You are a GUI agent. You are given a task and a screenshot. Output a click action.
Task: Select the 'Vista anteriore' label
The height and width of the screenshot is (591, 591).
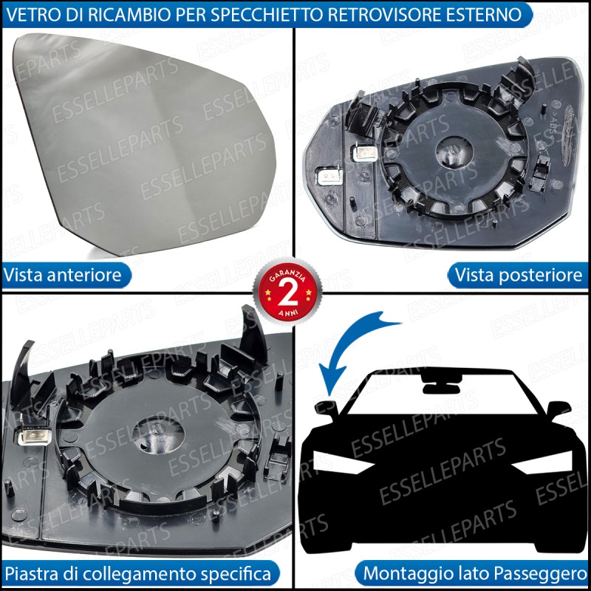pos(63,275)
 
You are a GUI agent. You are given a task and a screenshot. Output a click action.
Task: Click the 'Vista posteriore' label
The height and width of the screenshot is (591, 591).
pos(519,275)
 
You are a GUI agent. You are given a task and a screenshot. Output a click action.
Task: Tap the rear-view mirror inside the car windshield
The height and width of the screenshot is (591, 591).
pos(441,385)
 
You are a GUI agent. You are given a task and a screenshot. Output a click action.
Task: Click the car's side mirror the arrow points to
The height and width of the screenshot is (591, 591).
pos(326,409)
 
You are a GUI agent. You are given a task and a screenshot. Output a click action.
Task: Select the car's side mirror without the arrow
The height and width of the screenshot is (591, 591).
pos(559,409)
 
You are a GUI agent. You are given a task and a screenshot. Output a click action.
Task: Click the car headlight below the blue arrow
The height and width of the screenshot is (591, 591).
pos(341,462)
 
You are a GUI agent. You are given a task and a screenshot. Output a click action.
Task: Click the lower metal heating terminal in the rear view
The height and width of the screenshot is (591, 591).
pos(330,177)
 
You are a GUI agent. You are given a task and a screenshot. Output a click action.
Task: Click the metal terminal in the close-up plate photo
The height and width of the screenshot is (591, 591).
pos(33,435)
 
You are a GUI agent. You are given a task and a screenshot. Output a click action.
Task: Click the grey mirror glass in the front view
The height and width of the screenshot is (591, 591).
pos(143,143)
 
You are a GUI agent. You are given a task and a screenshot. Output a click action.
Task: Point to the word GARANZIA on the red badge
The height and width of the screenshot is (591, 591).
pos(287,276)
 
